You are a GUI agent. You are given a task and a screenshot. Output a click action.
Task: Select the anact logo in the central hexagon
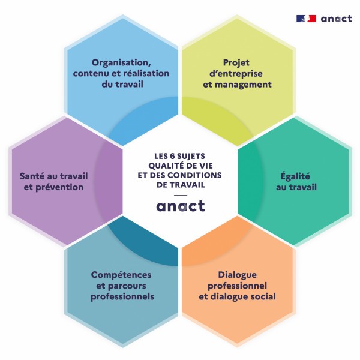(180, 206)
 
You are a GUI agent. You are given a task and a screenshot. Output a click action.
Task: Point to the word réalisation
(148, 73)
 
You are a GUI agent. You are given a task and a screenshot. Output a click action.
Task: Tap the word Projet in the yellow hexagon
(236, 62)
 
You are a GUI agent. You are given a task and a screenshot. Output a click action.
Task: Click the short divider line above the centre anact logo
(180, 195)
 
